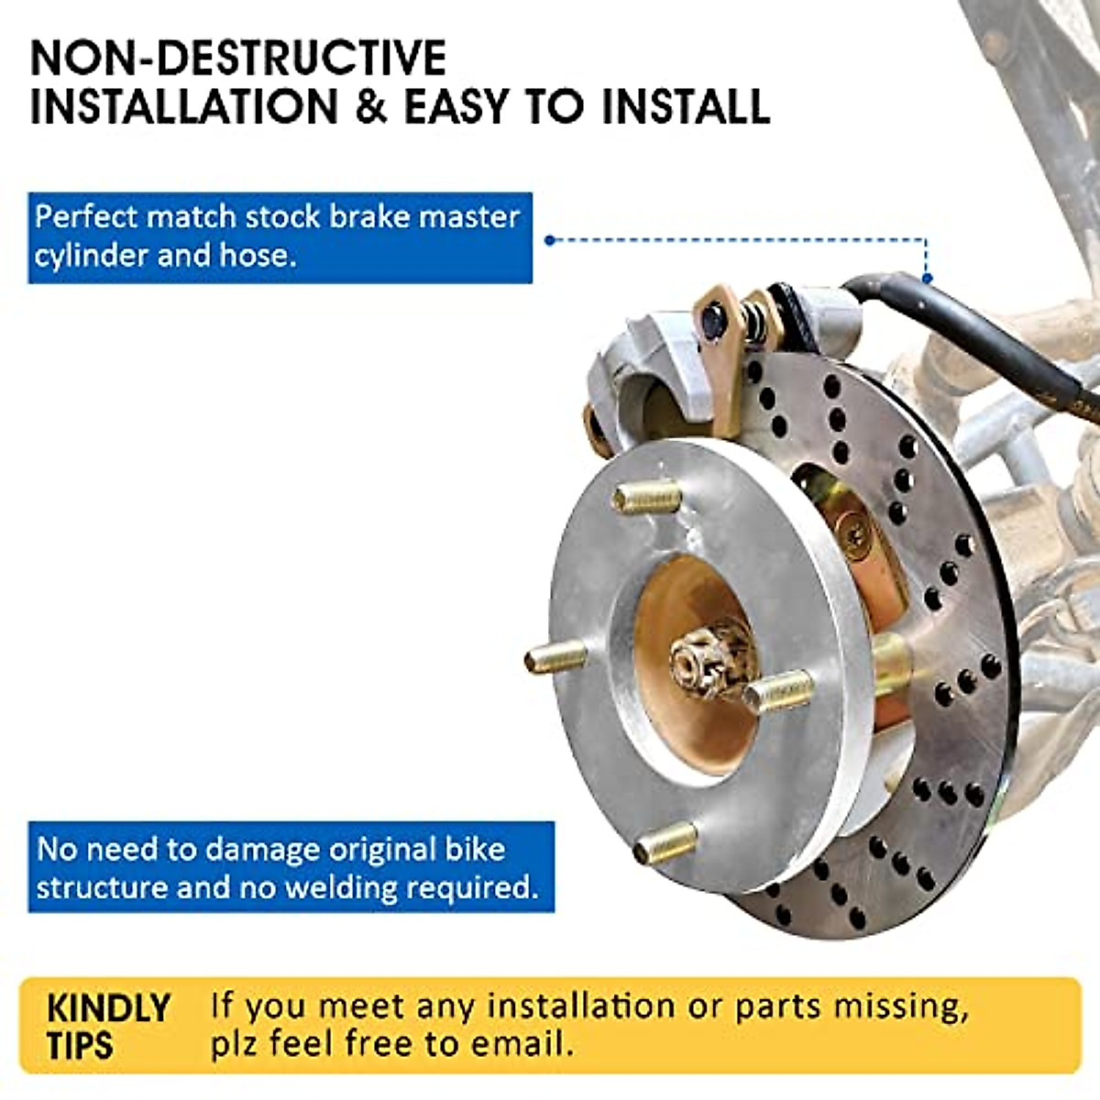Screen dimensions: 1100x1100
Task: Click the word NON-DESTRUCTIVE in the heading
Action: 238,59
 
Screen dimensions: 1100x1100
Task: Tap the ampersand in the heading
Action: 370,107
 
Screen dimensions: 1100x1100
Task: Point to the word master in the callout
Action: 469,216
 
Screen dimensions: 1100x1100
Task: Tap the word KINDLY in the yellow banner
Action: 108,1008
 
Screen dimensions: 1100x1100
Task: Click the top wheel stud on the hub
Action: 647,499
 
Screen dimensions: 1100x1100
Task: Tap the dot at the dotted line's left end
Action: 549,240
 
